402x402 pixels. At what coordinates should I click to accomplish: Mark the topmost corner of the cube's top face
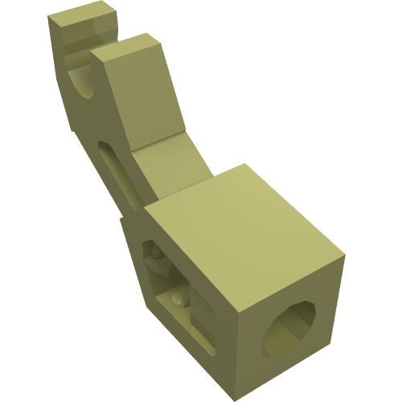[245, 165]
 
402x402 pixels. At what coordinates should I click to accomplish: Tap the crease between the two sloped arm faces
[158, 141]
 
